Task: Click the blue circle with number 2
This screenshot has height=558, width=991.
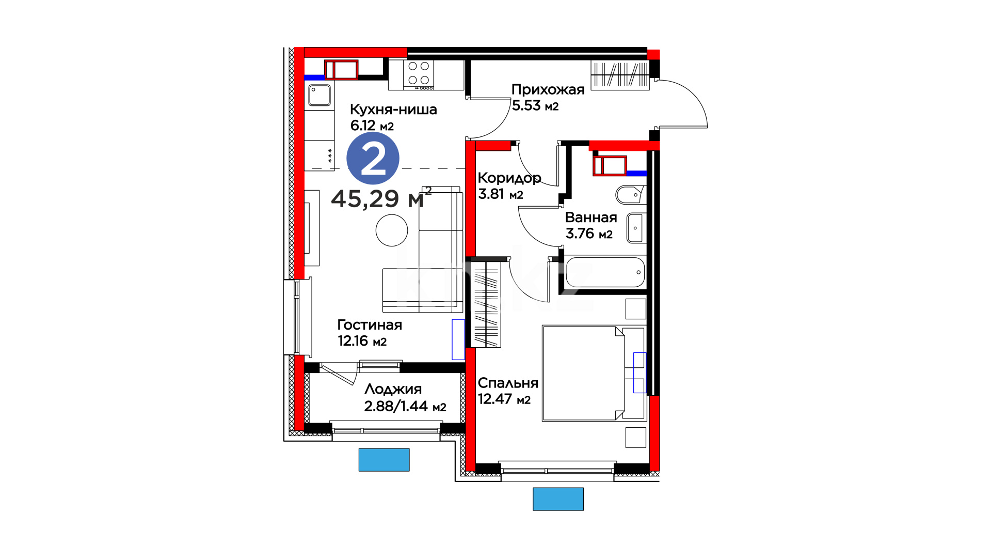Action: [x=373, y=158]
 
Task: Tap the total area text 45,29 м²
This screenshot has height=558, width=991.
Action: [x=381, y=198]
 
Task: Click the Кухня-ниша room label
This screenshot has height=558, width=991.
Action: [x=393, y=110]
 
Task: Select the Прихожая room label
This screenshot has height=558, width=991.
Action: [x=548, y=89]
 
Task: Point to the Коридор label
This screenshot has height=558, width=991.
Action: [x=509, y=178]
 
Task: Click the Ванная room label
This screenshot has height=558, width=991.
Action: [x=591, y=218]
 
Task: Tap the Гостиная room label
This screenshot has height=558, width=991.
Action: [x=370, y=325]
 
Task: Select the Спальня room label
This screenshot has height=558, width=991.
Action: [x=508, y=383]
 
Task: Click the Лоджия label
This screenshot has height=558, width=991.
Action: [x=393, y=389]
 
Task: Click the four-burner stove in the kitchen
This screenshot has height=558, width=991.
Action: [x=419, y=75]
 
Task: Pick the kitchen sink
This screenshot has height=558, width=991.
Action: [x=319, y=96]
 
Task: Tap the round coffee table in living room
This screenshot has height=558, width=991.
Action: [x=392, y=230]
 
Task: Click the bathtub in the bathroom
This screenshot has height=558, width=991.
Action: [x=605, y=272]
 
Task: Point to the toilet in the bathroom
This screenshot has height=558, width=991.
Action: [x=631, y=194]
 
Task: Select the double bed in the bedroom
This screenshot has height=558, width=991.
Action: [x=594, y=373]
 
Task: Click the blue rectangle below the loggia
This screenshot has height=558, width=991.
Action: [x=384, y=460]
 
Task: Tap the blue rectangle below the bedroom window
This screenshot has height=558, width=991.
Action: [x=558, y=499]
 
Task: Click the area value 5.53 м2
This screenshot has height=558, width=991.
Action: [x=535, y=105]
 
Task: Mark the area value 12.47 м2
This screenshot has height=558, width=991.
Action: [x=504, y=399]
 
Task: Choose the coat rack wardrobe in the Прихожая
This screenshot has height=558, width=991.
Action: [x=620, y=75]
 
